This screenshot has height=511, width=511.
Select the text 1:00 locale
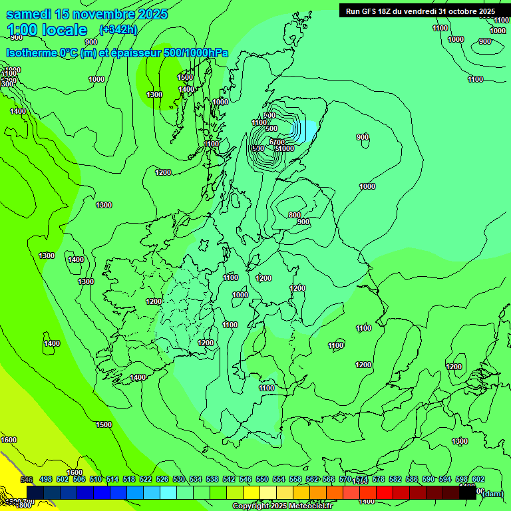pos(47,30)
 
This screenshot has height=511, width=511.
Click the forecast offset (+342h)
pos(118,30)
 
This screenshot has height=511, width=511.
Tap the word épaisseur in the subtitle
pos(133,53)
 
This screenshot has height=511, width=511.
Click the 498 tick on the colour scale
pos(46,480)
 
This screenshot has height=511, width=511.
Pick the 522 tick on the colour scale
pos(146,480)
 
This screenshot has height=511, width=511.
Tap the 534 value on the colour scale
pos(196,480)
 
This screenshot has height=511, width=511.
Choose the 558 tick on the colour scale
pos(295,480)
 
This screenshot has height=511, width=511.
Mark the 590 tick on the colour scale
pos(428,480)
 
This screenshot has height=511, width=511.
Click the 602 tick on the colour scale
pos(478,480)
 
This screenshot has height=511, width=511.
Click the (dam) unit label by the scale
pos(491,493)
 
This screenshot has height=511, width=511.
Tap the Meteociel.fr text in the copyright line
pos(310,506)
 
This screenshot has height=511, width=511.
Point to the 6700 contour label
pos(277,142)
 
